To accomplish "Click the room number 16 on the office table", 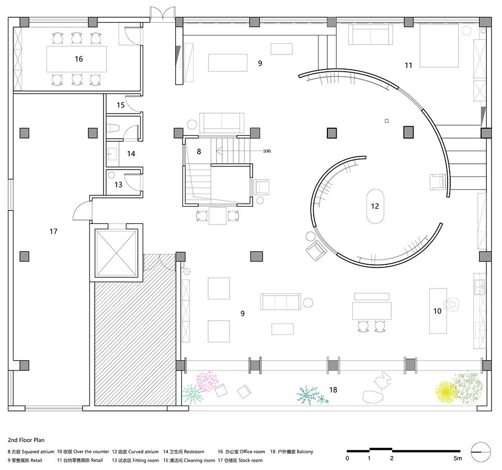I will [x=78, y=59].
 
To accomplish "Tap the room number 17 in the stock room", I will [x=53, y=231].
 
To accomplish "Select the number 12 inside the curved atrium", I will [x=374, y=206].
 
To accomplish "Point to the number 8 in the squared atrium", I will [x=199, y=151].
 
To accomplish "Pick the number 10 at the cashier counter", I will [x=437, y=311].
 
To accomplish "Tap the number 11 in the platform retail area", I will [x=408, y=65].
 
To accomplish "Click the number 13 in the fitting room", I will [x=119, y=184].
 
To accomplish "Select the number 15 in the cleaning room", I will [x=121, y=105].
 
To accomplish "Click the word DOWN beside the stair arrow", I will [x=267, y=151].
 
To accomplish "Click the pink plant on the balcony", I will [x=207, y=381].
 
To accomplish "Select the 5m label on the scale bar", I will [x=458, y=458].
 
